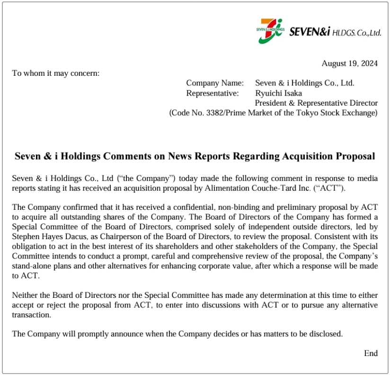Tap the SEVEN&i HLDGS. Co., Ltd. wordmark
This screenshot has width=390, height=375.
[335, 32]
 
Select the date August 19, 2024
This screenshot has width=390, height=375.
[349, 63]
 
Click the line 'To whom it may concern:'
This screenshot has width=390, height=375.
[56, 73]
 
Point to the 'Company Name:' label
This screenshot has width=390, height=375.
[215, 83]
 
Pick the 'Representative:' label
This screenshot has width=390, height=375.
[213, 93]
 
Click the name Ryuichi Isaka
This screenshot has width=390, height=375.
[278, 93]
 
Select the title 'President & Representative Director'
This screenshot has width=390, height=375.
[316, 103]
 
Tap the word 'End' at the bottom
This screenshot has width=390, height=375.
[371, 353]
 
